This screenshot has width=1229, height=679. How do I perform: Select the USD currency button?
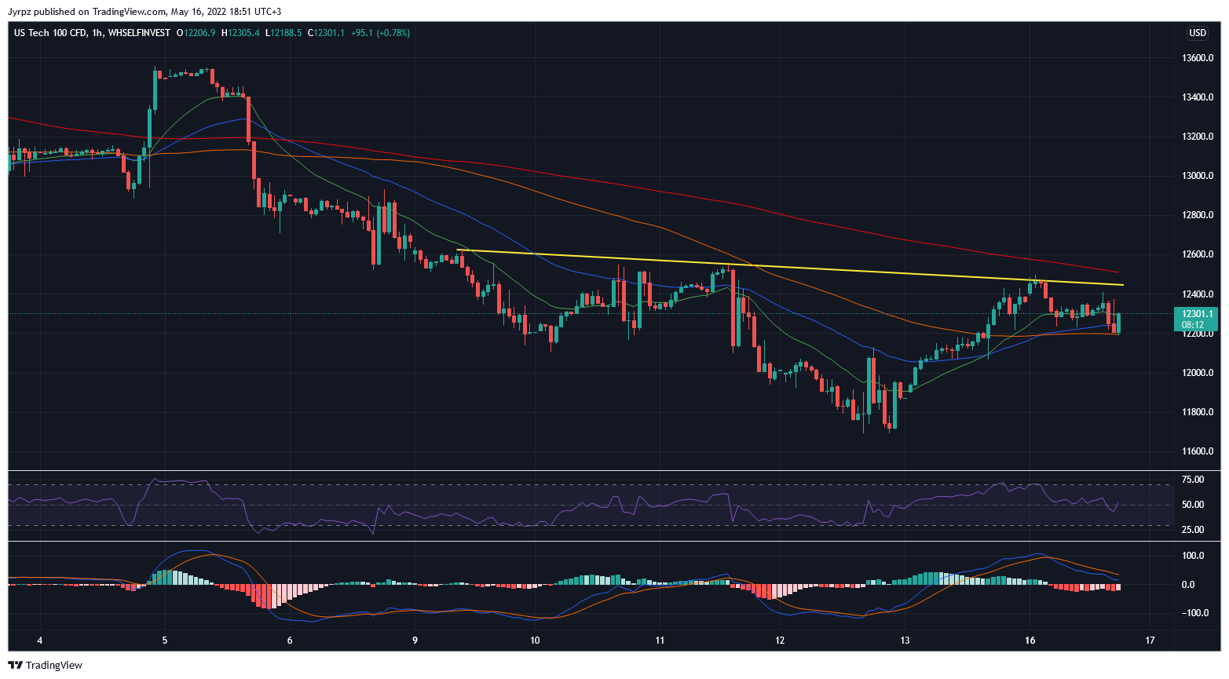point(1197,33)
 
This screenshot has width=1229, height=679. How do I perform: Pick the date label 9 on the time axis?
point(415,641)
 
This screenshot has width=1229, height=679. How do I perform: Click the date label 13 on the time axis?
point(905,641)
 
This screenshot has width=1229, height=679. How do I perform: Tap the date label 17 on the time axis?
point(1150,641)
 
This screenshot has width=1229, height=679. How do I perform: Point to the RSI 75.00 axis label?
point(1193,480)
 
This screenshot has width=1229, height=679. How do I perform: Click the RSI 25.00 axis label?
point(1193,530)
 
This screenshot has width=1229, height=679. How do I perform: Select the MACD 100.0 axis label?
point(1194,556)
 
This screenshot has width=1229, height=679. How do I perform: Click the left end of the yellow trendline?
point(457,250)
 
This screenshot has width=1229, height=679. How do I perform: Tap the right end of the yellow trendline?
point(1123,285)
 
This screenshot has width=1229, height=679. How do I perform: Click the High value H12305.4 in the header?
point(240,33)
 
